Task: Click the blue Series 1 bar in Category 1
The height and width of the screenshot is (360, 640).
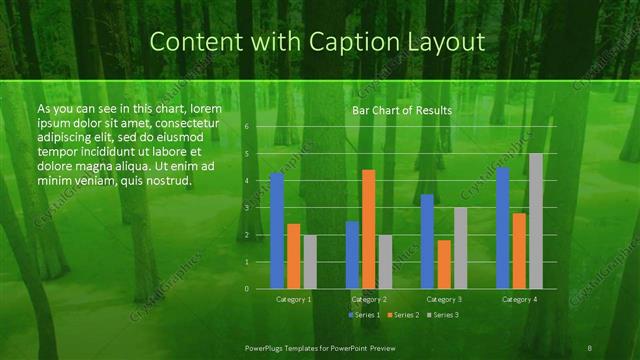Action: tap(277, 231)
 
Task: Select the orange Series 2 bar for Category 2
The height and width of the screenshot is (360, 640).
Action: tap(369, 229)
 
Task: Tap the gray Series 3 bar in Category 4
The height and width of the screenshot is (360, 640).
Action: tap(536, 221)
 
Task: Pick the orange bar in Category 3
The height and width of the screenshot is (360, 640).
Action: tap(444, 264)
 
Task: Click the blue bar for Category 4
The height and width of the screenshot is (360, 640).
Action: tap(503, 228)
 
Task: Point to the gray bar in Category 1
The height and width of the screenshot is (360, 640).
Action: tap(310, 262)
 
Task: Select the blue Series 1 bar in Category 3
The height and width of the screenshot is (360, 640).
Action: tap(427, 241)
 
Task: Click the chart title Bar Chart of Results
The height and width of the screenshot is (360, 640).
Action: tap(400, 110)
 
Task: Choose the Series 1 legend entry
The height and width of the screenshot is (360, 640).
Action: tap(364, 316)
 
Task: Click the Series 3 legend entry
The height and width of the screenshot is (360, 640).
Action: tap(444, 316)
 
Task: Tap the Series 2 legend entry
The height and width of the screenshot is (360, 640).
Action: tap(404, 316)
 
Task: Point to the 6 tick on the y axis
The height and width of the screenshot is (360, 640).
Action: tap(246, 127)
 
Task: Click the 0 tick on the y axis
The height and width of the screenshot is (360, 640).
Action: tap(246, 288)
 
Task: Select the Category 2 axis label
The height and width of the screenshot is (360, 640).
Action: tap(369, 299)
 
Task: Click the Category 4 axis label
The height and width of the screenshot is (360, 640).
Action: tap(519, 299)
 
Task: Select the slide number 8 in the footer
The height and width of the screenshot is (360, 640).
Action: tap(590, 346)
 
